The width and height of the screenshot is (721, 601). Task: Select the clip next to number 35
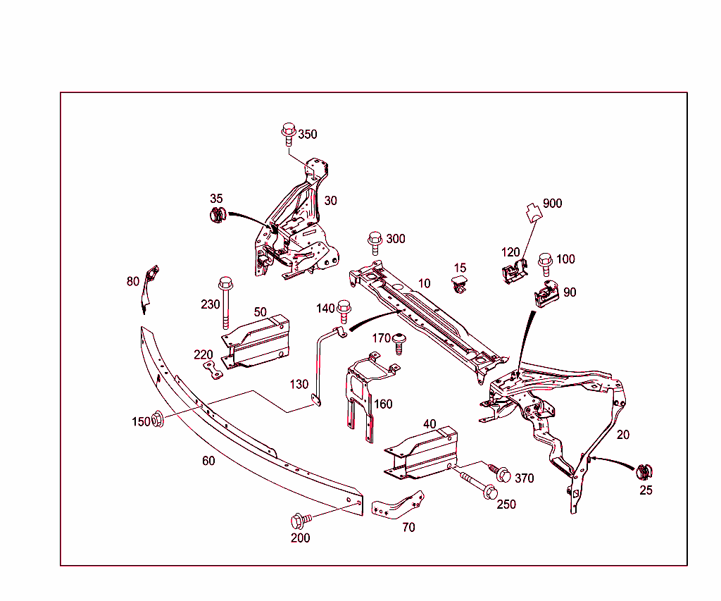218,215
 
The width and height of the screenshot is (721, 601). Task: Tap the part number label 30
330,201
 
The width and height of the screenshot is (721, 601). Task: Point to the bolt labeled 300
375,241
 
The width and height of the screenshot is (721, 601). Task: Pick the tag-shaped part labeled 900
534,211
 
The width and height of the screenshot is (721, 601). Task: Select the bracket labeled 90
546,293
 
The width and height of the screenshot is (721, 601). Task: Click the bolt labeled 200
299,521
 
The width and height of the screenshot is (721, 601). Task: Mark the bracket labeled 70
399,504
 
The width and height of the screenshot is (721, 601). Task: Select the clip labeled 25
644,472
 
